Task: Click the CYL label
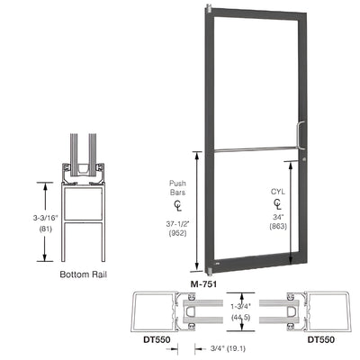[x=279, y=192]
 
